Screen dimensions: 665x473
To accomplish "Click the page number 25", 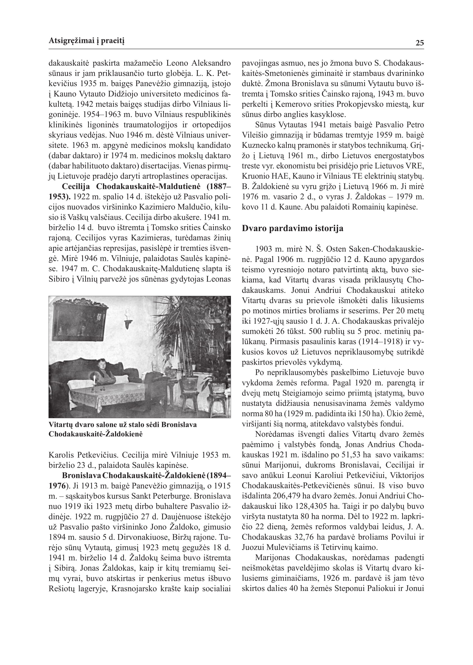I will [x=419, y=43].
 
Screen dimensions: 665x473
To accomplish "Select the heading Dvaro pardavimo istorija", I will [x=292, y=228].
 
